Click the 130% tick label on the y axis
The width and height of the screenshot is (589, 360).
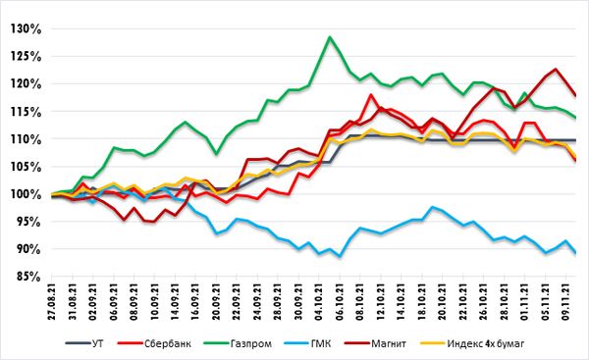point(26,28)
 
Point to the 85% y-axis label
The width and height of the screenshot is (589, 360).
point(28,277)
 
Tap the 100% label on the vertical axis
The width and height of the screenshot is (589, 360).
point(26,194)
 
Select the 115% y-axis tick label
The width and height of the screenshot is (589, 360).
point(26,112)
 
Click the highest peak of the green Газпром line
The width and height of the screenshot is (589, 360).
point(330,37)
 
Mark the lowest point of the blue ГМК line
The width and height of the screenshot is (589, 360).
point(340,257)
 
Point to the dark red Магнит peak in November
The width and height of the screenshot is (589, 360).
point(556,69)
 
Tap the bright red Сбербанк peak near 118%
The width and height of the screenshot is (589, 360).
point(371,94)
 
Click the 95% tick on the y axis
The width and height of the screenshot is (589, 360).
point(28,222)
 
